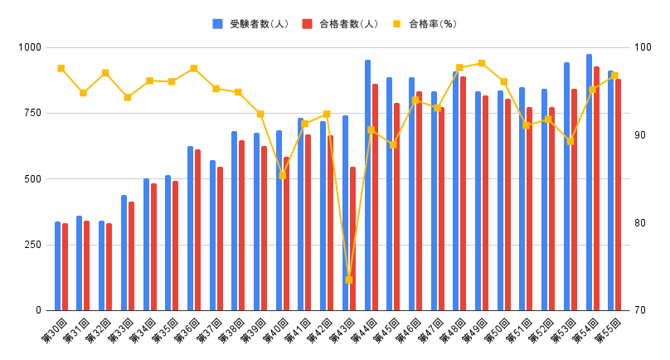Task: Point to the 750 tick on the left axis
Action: (x=31, y=113)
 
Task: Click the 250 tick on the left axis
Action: (x=31, y=245)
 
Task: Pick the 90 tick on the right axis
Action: (x=642, y=135)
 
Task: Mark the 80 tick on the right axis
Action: (x=642, y=223)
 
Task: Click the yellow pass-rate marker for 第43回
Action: (x=348, y=280)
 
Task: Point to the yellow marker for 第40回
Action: (x=283, y=175)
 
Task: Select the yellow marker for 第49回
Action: (x=482, y=63)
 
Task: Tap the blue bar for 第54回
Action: (x=589, y=182)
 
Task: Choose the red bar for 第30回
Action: (x=65, y=267)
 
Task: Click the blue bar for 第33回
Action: (x=124, y=253)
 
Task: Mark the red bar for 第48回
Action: (x=463, y=193)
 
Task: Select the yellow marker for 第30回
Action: (x=61, y=68)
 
